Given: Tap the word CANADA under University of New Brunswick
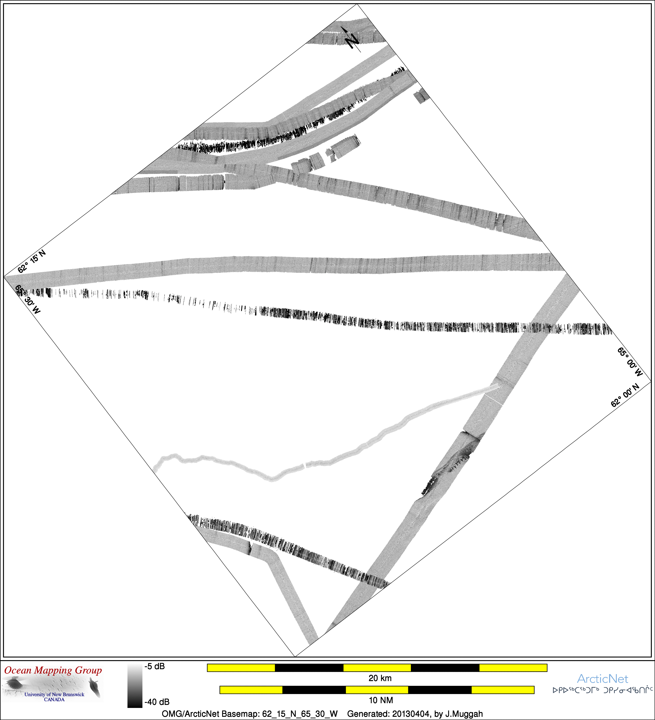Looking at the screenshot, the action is point(54,700).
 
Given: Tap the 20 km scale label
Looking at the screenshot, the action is point(380,678).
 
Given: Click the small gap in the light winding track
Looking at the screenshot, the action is point(305,465).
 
